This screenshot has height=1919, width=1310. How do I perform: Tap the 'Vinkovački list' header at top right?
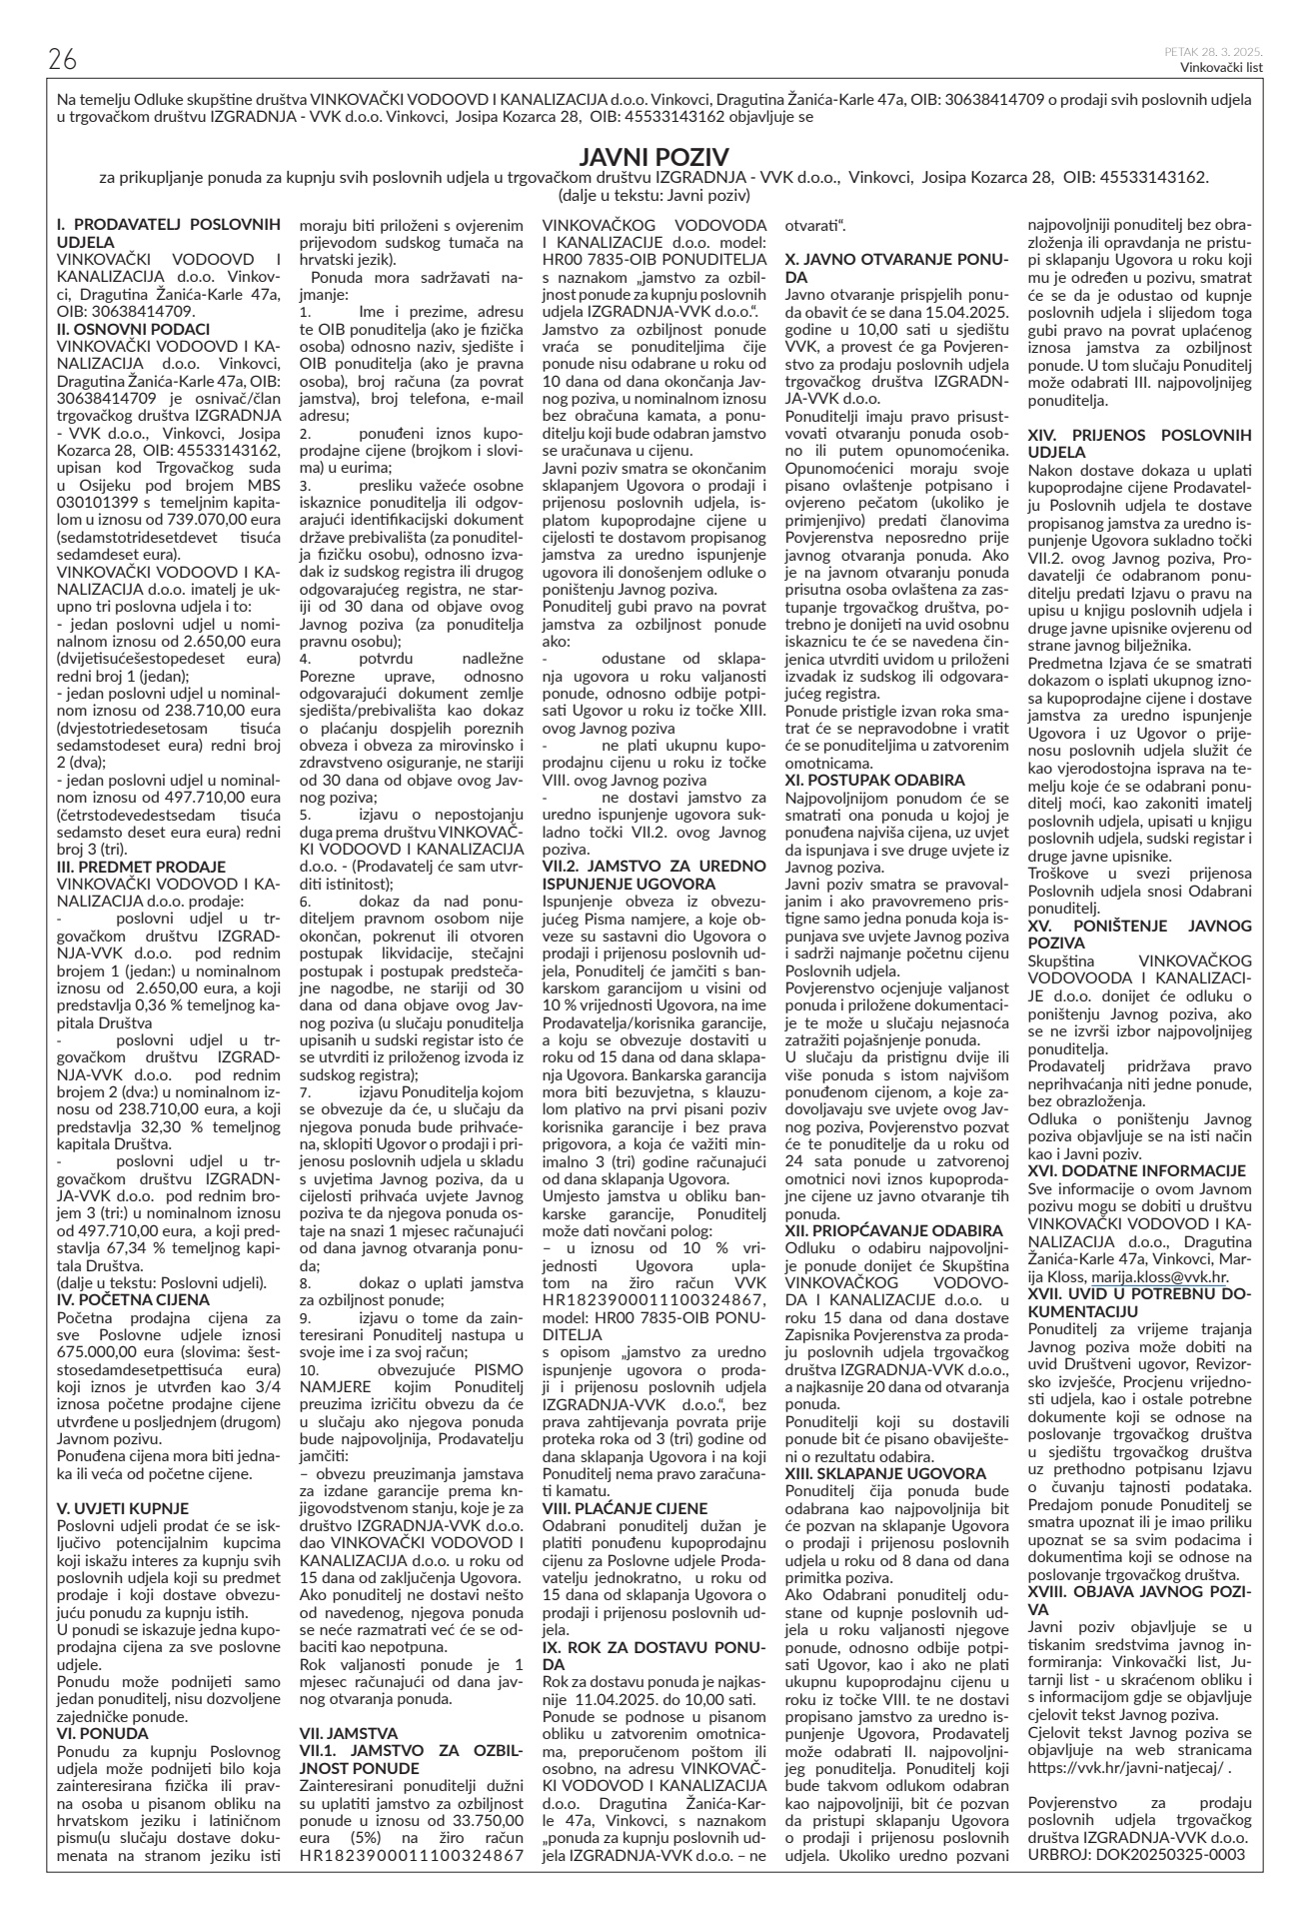[x=1221, y=68]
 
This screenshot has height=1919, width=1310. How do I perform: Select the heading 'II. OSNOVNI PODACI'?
[x=134, y=328]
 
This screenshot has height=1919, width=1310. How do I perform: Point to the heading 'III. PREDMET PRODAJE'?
[x=141, y=867]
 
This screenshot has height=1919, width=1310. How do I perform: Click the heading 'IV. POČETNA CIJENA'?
[x=134, y=1300]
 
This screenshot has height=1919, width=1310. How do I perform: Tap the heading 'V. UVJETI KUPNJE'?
[x=124, y=1508]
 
